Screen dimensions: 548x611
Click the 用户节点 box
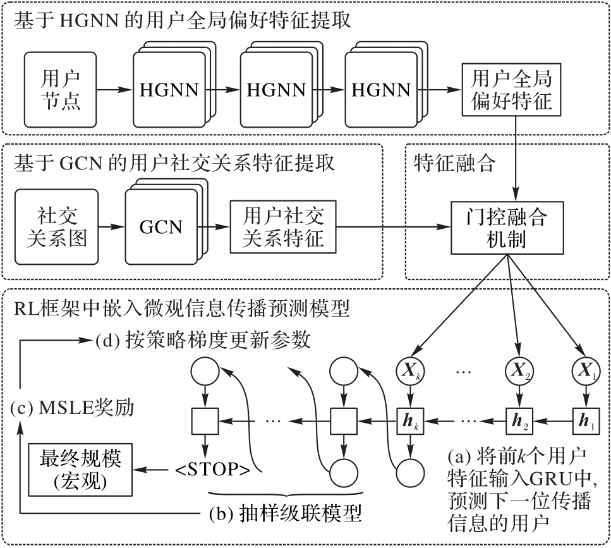61,89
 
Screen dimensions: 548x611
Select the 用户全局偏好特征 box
507,89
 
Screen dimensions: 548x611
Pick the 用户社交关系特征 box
282,226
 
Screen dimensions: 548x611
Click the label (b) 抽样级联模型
285,513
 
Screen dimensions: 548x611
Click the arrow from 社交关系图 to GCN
112,226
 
